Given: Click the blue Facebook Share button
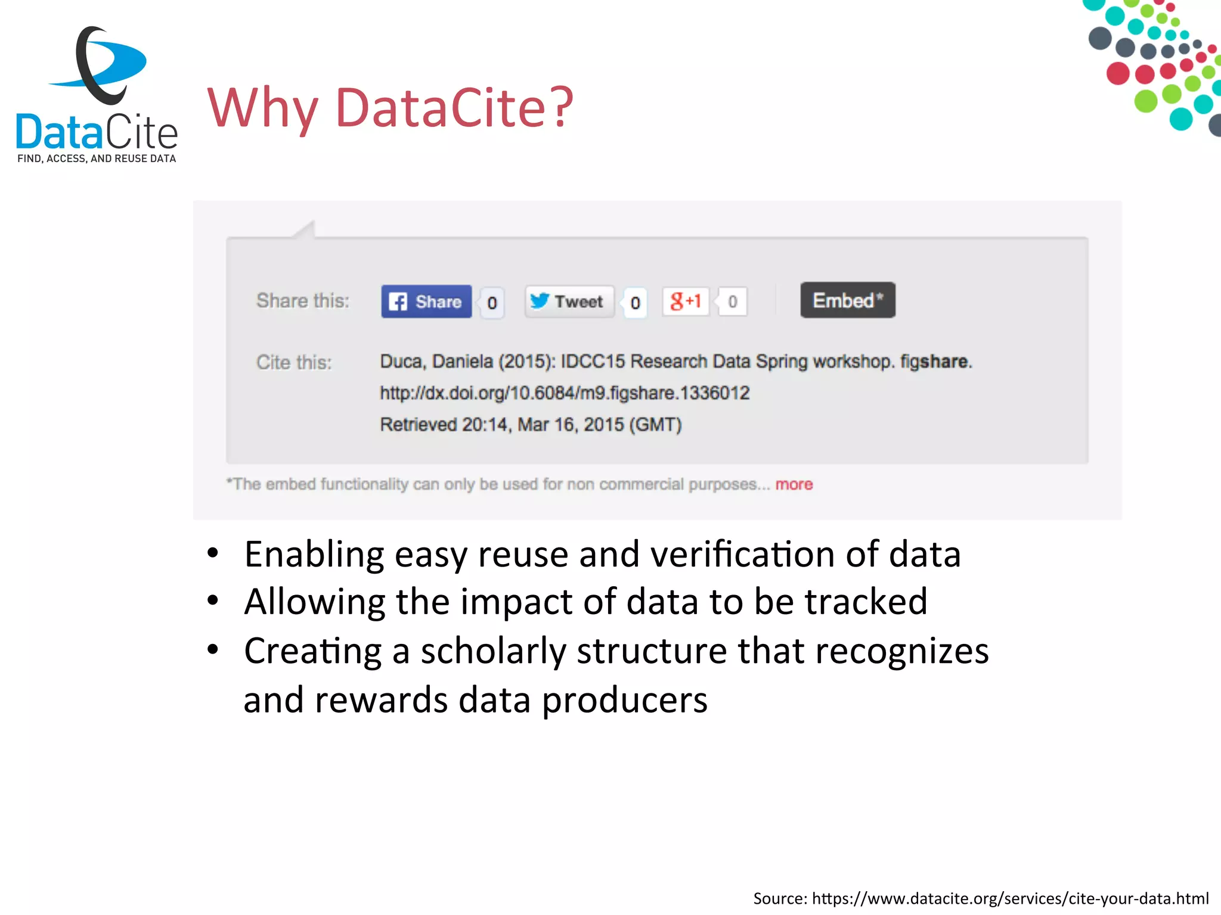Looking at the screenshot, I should pos(426,301).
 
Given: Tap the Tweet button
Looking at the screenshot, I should pos(569,301).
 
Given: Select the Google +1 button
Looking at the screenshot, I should pos(686,301).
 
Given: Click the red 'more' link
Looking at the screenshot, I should pos(794,484).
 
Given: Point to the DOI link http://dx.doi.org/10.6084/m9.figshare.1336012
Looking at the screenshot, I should pos(565,393).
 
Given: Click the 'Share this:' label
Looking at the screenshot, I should pos(303,301).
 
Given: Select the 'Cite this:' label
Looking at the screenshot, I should pos(294,362).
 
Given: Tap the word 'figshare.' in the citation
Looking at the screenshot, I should pos(935,362).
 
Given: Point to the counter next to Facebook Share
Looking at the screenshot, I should pos(492,303).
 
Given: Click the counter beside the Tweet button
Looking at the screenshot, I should pos(635,303).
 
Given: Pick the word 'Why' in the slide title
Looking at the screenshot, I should pos(262,108).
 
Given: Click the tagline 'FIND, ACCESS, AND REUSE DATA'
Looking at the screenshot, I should pos(97,158).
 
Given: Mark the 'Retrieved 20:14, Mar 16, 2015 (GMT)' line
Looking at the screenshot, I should pos(531,425).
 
